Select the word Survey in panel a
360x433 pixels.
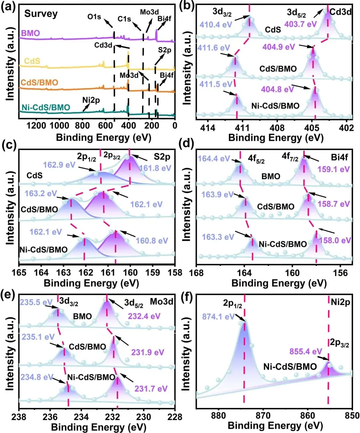coord(41,14)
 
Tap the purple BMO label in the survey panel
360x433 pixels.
coord(30,33)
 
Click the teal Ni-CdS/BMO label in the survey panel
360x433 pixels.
coord(46,107)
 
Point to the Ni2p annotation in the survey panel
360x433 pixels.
coord(91,100)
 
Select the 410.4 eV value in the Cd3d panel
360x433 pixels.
coord(216,24)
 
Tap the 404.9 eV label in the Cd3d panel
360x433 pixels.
coord(279,47)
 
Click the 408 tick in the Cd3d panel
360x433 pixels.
coord(277,127)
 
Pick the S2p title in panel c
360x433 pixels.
coord(162,157)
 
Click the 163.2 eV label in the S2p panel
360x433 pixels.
coord(41,193)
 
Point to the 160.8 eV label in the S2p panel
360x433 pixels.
coord(152,241)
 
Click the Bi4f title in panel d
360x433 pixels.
coord(340,157)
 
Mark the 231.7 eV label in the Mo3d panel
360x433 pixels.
coord(151,389)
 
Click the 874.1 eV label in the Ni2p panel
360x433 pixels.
coord(218,316)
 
